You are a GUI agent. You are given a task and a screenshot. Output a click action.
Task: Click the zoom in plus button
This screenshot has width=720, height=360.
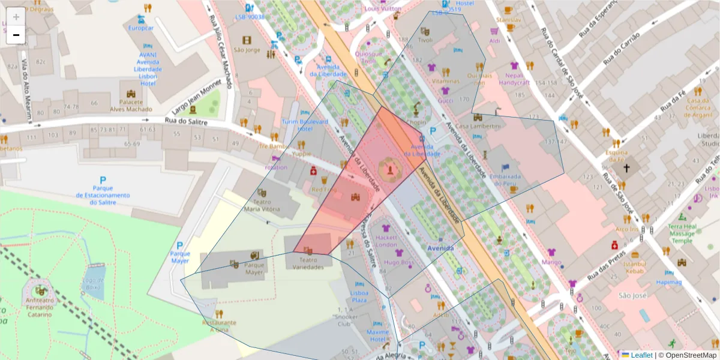16,17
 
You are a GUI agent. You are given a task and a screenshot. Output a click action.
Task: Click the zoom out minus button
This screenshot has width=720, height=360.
16,35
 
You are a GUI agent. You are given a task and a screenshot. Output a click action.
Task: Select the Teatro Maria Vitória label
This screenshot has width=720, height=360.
262,205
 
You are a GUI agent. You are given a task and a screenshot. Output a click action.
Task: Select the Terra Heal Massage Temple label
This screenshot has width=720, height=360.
682,233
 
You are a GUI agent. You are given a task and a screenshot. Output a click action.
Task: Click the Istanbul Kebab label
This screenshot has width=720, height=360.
634,268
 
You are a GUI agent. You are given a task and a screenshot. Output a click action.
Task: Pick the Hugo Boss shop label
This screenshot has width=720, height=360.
399,262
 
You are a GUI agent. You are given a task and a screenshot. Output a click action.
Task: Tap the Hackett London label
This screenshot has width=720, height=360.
386,241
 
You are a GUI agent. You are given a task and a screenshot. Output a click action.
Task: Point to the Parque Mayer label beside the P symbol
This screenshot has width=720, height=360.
179,257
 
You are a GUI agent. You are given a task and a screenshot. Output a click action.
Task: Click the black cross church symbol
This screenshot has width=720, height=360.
627,169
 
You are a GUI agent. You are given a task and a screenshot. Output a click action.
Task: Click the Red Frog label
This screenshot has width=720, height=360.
324,190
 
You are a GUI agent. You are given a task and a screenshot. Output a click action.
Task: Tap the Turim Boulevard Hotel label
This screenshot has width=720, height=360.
305,125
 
